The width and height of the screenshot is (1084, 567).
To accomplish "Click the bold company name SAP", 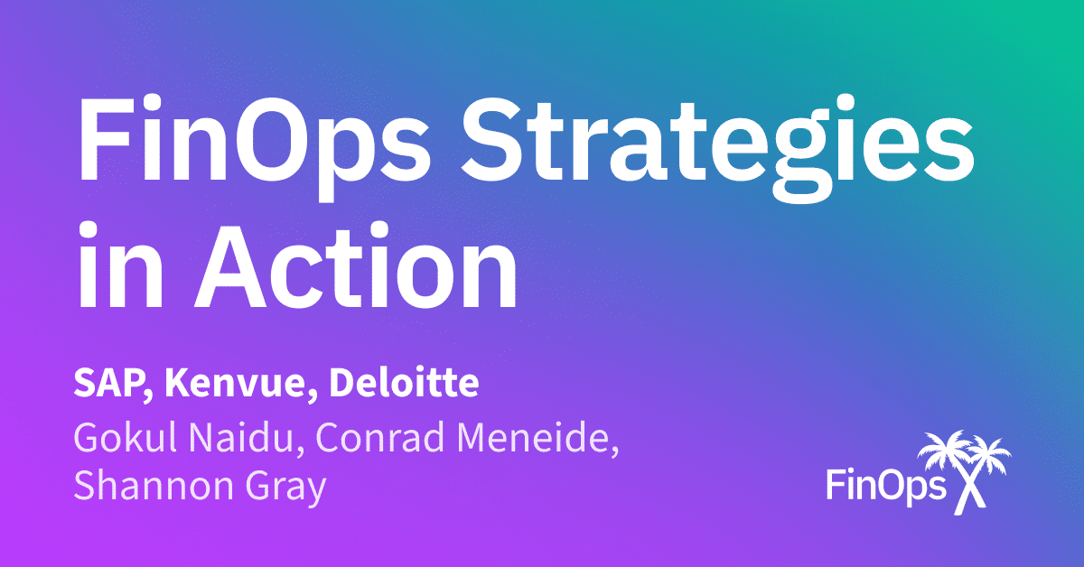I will click(102, 385).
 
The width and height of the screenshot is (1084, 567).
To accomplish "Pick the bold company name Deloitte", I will click(403, 385).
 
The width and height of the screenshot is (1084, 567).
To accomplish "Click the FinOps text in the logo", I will click(885, 486).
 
